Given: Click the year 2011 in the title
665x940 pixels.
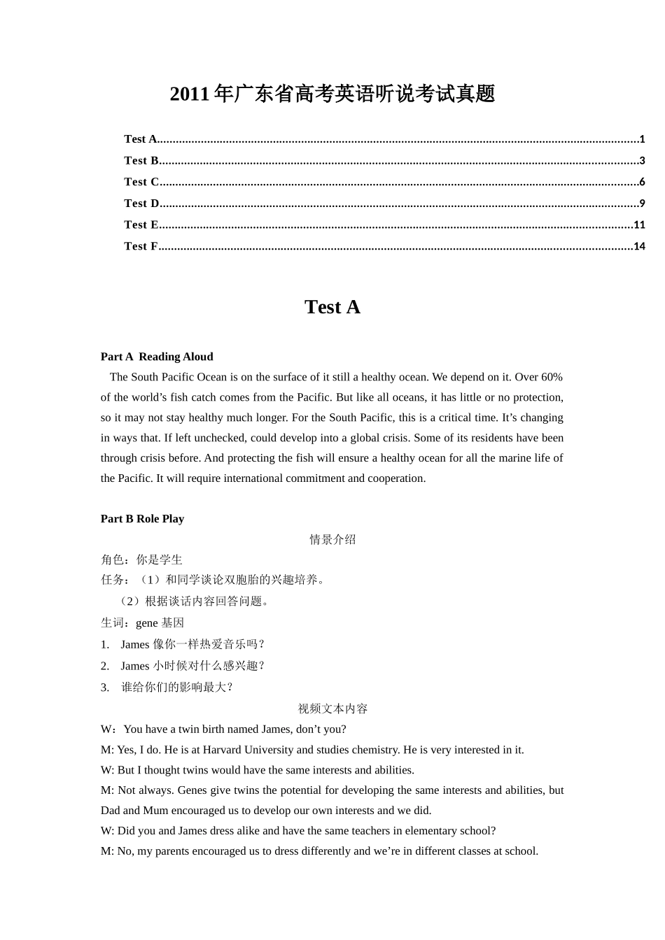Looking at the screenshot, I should click(x=190, y=94).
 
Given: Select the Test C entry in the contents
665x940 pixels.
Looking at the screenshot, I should click(x=141, y=182).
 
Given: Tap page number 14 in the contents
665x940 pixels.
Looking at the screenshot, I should click(x=639, y=246).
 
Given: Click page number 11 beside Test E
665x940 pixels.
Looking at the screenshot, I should click(x=639, y=225).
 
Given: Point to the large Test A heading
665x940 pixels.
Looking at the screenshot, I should click(x=332, y=307).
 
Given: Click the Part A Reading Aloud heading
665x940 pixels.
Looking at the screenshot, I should click(x=157, y=357).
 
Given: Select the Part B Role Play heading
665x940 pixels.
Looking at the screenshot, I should click(x=142, y=519).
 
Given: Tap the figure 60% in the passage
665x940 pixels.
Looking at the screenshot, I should click(x=552, y=377).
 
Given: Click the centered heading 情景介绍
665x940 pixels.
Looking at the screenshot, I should click(x=332, y=539).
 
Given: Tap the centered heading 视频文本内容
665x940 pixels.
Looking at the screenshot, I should click(x=332, y=708).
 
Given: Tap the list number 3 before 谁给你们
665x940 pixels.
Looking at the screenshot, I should click(x=104, y=688).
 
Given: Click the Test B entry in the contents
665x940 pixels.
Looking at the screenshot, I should click(x=141, y=161).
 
